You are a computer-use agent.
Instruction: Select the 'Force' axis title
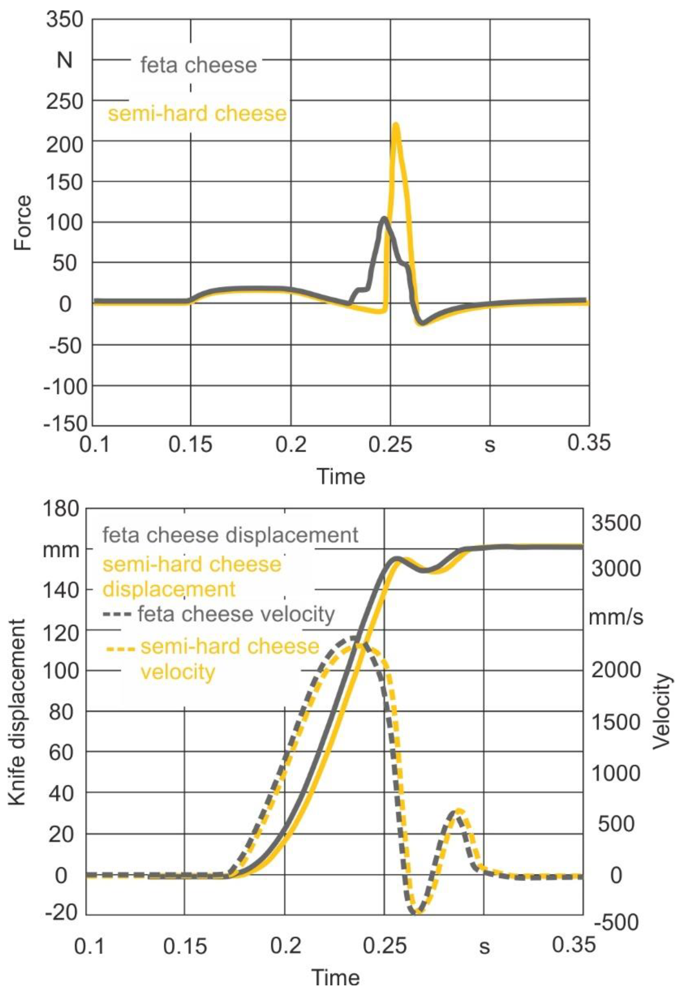click(23, 223)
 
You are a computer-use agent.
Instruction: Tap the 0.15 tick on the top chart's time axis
click(190, 445)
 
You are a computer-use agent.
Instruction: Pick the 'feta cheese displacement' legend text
click(230, 536)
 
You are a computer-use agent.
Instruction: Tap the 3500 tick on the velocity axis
click(616, 524)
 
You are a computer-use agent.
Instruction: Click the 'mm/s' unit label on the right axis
click(616, 618)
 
